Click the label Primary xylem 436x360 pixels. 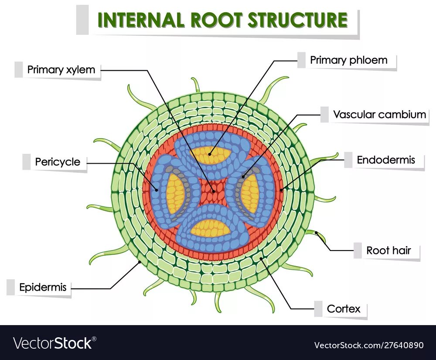click(x=61, y=70)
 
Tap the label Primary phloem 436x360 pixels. click(x=348, y=60)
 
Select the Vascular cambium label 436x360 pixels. click(x=379, y=115)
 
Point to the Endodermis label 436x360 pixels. click(x=386, y=160)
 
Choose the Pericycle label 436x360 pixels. click(x=58, y=162)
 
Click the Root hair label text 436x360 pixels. click(x=387, y=250)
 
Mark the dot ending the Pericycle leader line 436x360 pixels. click(x=157, y=189)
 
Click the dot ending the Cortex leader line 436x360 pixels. click(x=261, y=259)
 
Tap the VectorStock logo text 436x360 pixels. click(x=54, y=343)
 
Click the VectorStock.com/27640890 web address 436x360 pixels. click(x=369, y=345)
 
